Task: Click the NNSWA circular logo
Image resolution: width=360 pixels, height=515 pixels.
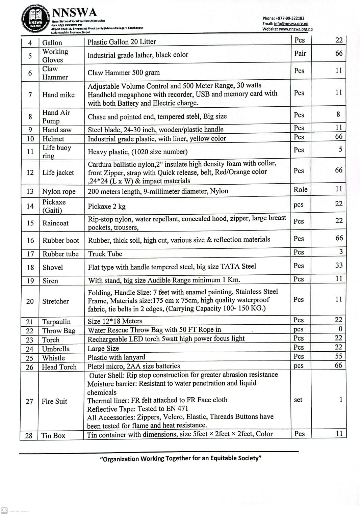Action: (x=35, y=19)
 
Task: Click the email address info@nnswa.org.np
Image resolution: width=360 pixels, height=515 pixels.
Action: (x=291, y=24)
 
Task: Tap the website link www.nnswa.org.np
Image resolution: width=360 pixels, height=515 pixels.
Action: (x=295, y=29)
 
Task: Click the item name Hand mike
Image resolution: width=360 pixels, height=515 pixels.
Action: (x=58, y=95)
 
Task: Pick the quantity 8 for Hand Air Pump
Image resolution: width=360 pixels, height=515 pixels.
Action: (x=338, y=114)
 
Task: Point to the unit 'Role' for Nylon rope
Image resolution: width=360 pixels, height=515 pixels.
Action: (x=300, y=190)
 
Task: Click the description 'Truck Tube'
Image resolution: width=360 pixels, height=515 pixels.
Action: (x=105, y=254)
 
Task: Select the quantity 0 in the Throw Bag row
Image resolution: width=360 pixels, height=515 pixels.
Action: (x=340, y=329)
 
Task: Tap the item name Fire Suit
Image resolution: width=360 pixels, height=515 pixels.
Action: (x=54, y=401)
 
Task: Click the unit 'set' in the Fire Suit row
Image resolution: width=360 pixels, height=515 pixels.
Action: (x=298, y=400)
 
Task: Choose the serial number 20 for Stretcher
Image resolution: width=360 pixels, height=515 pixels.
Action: (x=30, y=301)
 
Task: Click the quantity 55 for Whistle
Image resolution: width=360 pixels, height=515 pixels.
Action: (x=338, y=356)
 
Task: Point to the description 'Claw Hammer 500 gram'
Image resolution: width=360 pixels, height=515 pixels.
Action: (x=124, y=73)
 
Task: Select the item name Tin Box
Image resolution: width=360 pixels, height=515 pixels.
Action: (x=53, y=436)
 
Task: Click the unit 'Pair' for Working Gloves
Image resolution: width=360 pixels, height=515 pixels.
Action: (x=300, y=53)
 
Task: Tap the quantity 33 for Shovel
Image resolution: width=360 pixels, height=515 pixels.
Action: (x=339, y=265)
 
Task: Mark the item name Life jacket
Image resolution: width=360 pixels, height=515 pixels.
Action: (x=58, y=172)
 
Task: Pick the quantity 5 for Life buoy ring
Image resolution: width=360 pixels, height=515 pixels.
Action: (x=340, y=149)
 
